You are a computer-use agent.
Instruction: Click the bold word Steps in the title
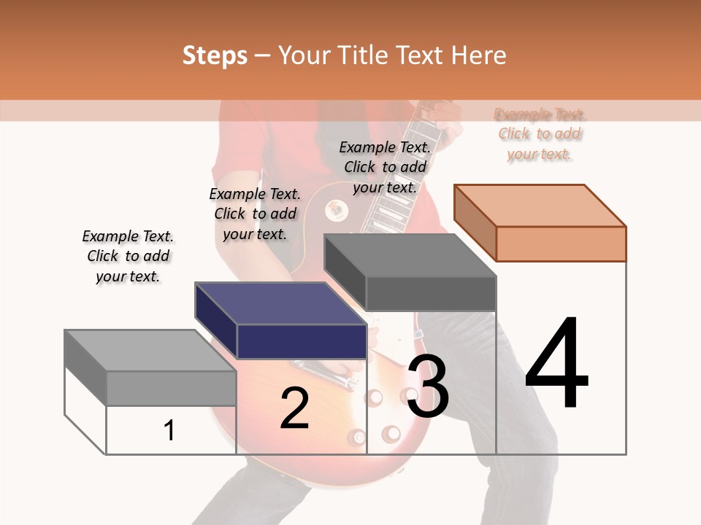[215, 55]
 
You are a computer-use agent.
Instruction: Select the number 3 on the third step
[427, 386]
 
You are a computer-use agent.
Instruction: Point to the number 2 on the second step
[294, 408]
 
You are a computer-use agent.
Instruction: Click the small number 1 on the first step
[169, 430]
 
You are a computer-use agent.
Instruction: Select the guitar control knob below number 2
[357, 437]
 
